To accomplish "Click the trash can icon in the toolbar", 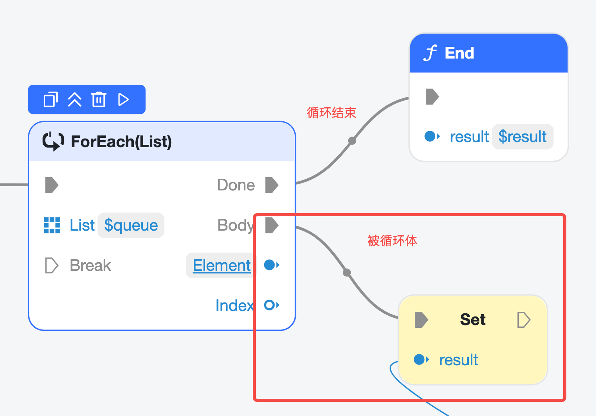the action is point(99,99).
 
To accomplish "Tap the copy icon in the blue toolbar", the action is point(51,99).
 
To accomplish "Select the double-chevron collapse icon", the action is point(74,100).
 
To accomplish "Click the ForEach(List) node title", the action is point(121,141).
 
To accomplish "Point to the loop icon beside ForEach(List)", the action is point(53,141).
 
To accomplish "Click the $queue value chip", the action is point(131,225).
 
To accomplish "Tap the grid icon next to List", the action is point(52,225).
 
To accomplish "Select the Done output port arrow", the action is point(272,185).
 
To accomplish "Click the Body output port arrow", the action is point(272,225).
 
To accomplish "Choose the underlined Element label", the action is point(222,265).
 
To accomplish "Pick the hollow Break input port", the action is point(51,265).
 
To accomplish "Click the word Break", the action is point(90,265).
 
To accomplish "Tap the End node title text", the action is point(459,53).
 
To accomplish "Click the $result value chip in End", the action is point(523,137).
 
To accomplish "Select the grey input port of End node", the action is point(432,97).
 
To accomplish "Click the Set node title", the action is point(473,319).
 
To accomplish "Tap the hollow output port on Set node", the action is point(524,320).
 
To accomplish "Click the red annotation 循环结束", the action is point(331,113).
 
